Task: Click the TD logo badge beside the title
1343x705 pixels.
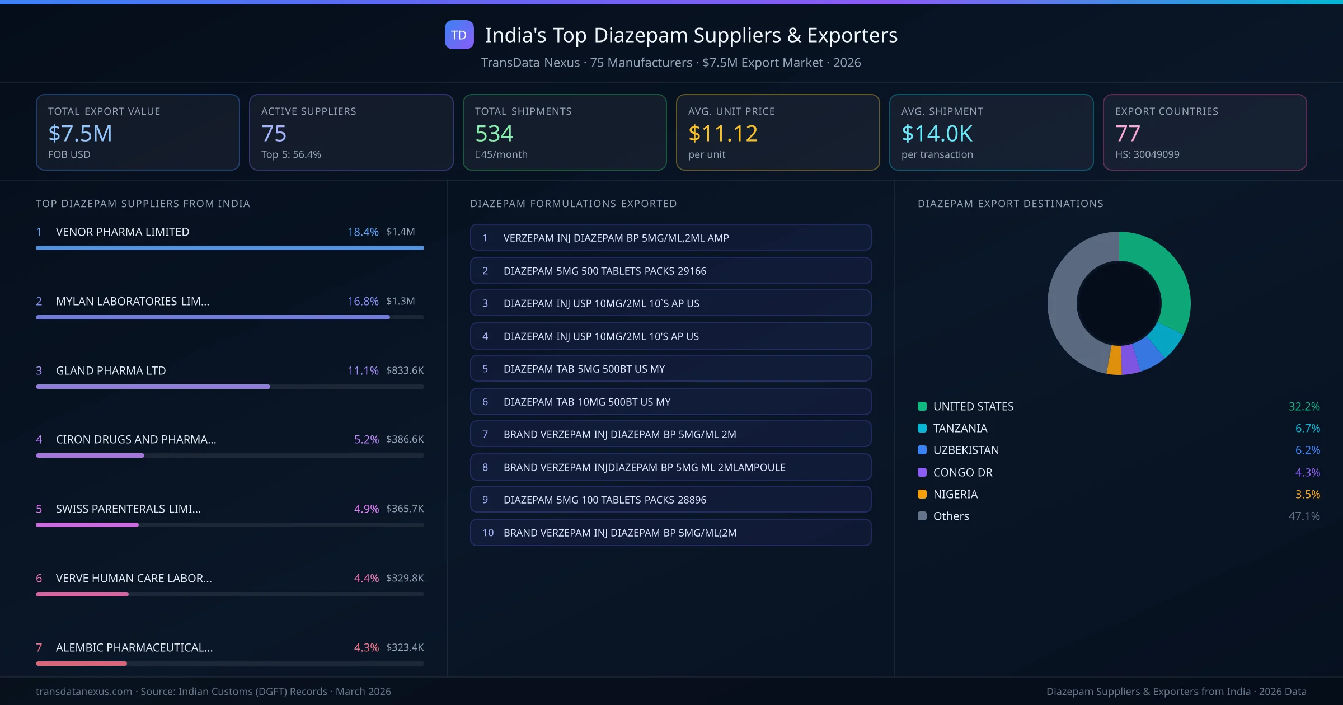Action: click(459, 35)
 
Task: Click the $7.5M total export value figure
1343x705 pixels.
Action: click(80, 134)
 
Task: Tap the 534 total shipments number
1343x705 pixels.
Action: click(494, 134)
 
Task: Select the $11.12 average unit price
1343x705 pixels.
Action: click(722, 134)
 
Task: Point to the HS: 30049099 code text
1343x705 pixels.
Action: click(1147, 154)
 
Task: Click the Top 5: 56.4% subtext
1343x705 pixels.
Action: click(291, 154)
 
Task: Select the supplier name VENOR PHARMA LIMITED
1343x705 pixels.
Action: click(123, 232)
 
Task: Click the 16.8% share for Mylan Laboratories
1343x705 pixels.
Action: click(363, 301)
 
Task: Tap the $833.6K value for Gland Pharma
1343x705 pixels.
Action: click(405, 370)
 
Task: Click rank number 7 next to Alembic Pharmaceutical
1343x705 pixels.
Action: click(39, 647)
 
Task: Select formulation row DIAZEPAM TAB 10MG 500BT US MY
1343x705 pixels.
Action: click(670, 402)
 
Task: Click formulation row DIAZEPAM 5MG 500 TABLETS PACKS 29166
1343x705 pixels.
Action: click(670, 271)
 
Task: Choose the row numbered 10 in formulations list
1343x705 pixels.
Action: click(670, 533)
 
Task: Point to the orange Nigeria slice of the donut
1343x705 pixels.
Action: click(1114, 361)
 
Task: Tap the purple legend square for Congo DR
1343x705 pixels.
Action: click(922, 472)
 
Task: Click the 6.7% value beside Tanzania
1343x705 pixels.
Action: click(1307, 429)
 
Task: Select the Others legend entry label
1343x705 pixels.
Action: click(951, 516)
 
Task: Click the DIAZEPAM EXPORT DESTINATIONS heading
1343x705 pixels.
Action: click(1010, 204)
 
